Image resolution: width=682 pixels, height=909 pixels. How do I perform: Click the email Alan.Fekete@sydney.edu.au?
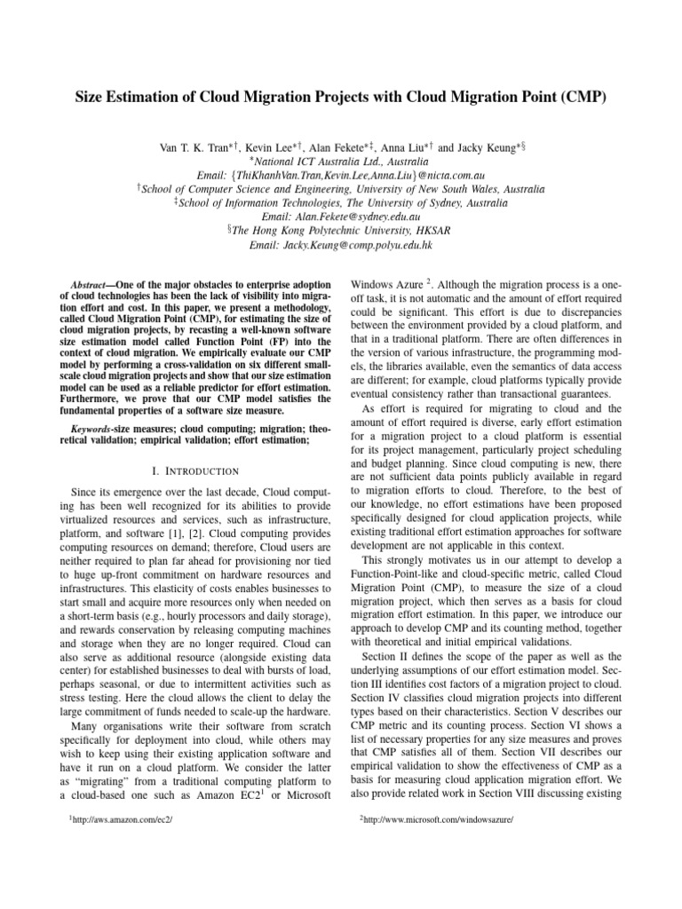(341, 217)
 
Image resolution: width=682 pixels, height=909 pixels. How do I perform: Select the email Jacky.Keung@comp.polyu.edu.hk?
(341, 245)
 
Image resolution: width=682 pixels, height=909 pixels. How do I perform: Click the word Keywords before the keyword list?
(91, 405)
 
